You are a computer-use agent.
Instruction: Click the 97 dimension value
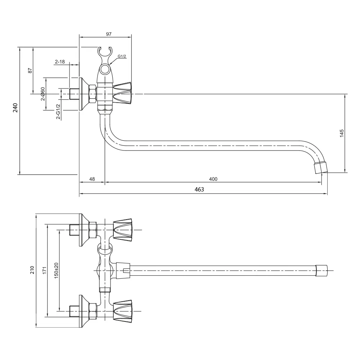[109, 34]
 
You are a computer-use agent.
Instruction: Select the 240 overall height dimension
[15, 108]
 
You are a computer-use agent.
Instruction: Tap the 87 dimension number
[30, 70]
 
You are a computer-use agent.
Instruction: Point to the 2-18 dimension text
[60, 62]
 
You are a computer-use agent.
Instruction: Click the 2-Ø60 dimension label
[43, 94]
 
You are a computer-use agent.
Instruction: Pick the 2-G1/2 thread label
[58, 112]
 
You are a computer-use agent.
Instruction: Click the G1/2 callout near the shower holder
[122, 56]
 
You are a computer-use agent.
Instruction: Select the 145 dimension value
[342, 133]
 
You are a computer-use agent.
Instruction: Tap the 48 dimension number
[92, 179]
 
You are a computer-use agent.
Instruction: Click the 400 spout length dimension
[213, 179]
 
